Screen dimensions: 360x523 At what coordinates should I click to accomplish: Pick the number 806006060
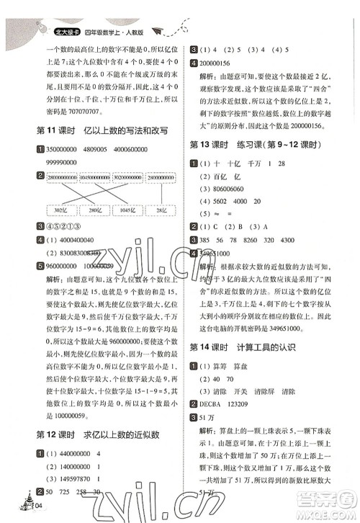(x=235, y=190)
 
